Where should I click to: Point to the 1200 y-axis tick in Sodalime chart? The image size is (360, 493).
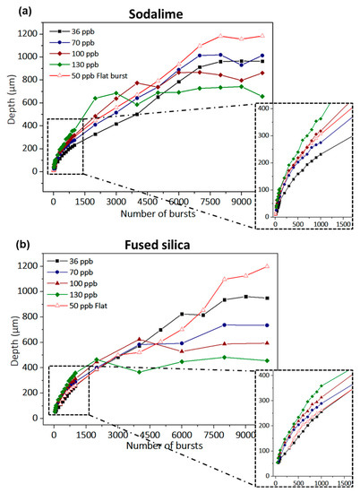32,32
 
